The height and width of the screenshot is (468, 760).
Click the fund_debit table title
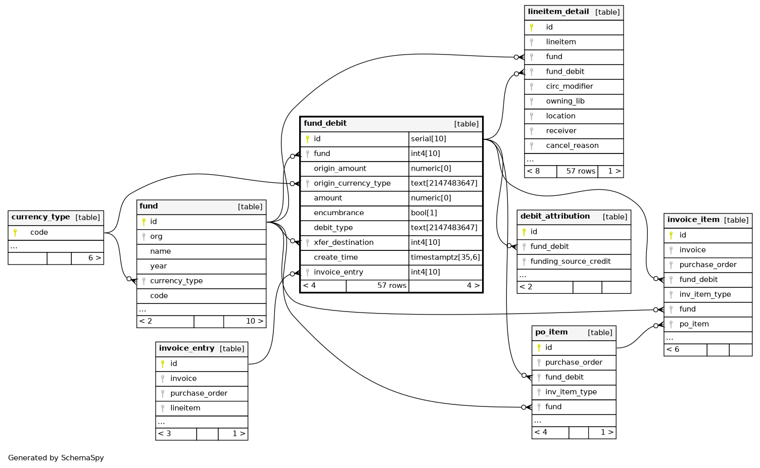click(325, 123)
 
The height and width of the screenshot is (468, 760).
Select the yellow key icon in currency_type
click(15, 232)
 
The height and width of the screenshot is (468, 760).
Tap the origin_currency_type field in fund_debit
click(352, 183)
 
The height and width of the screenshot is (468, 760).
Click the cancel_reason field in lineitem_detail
click(572, 146)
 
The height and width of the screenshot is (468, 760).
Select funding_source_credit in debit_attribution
click(571, 262)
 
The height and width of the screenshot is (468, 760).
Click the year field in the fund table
click(159, 266)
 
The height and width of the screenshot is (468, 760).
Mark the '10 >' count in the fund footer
click(255, 321)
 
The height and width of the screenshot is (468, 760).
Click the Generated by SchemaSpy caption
click(56, 458)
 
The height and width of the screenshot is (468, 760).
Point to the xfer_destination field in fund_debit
click(343, 243)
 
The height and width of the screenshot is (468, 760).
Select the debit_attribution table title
click(555, 216)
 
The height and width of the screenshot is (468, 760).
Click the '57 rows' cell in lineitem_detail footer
click(581, 171)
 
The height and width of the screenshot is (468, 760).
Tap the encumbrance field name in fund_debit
click(339, 213)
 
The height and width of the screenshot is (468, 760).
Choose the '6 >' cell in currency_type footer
click(94, 258)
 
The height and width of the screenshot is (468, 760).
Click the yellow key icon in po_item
click(539, 348)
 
